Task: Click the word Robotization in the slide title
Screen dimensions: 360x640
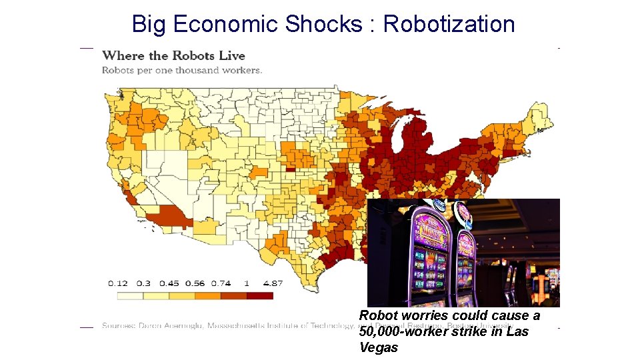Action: (449, 24)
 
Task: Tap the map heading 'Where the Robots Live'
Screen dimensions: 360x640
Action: (173, 56)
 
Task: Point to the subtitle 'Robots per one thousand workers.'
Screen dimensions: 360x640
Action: (181, 70)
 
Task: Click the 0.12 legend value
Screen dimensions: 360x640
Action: (118, 283)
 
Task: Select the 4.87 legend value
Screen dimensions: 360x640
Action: (273, 283)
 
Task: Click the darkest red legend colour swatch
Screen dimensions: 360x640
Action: (259, 295)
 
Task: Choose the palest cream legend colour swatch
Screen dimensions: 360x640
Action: (130, 295)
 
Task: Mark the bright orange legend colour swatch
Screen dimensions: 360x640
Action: (207, 295)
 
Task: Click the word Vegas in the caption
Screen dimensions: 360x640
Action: (379, 347)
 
